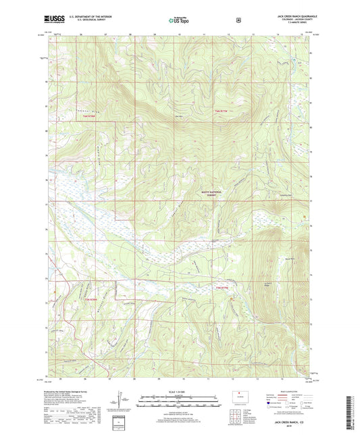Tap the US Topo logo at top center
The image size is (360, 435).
click(x=179, y=20)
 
